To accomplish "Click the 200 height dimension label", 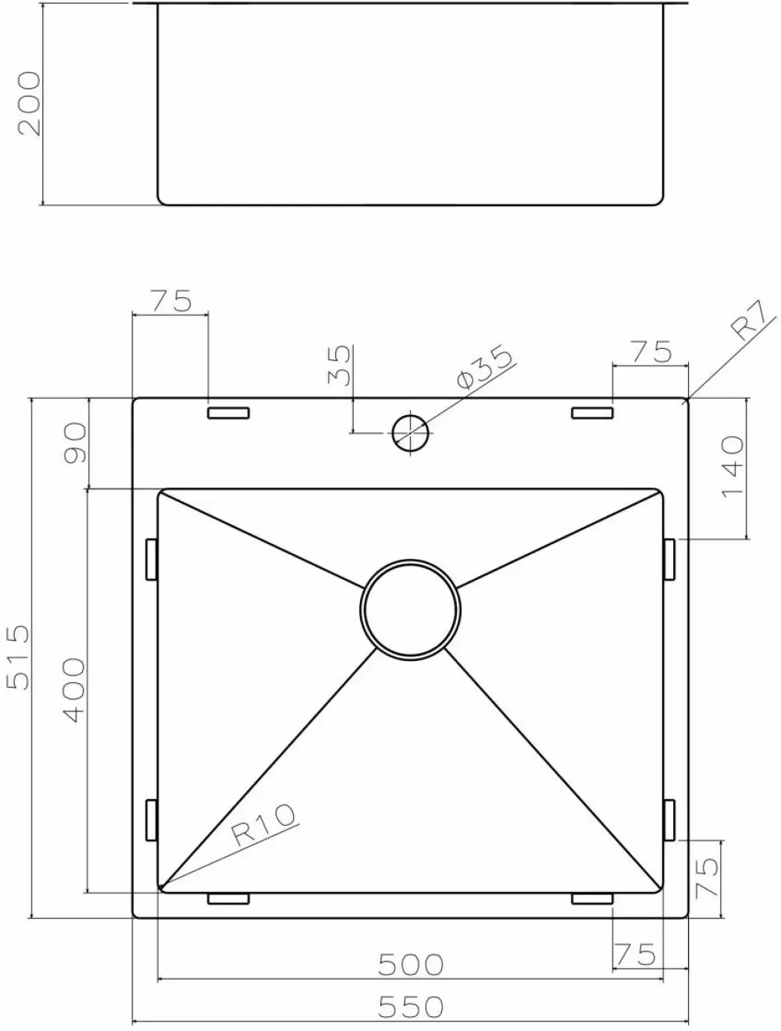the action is point(29,103).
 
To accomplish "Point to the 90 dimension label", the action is point(75,443).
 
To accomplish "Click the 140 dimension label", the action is point(732,466).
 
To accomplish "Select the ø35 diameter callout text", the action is point(484,367).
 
